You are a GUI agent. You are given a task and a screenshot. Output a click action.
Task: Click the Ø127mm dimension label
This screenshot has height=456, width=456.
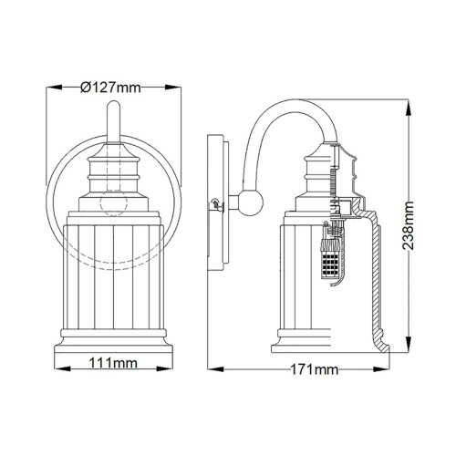111,88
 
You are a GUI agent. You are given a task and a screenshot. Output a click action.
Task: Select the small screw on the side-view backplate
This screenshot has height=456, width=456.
215,205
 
